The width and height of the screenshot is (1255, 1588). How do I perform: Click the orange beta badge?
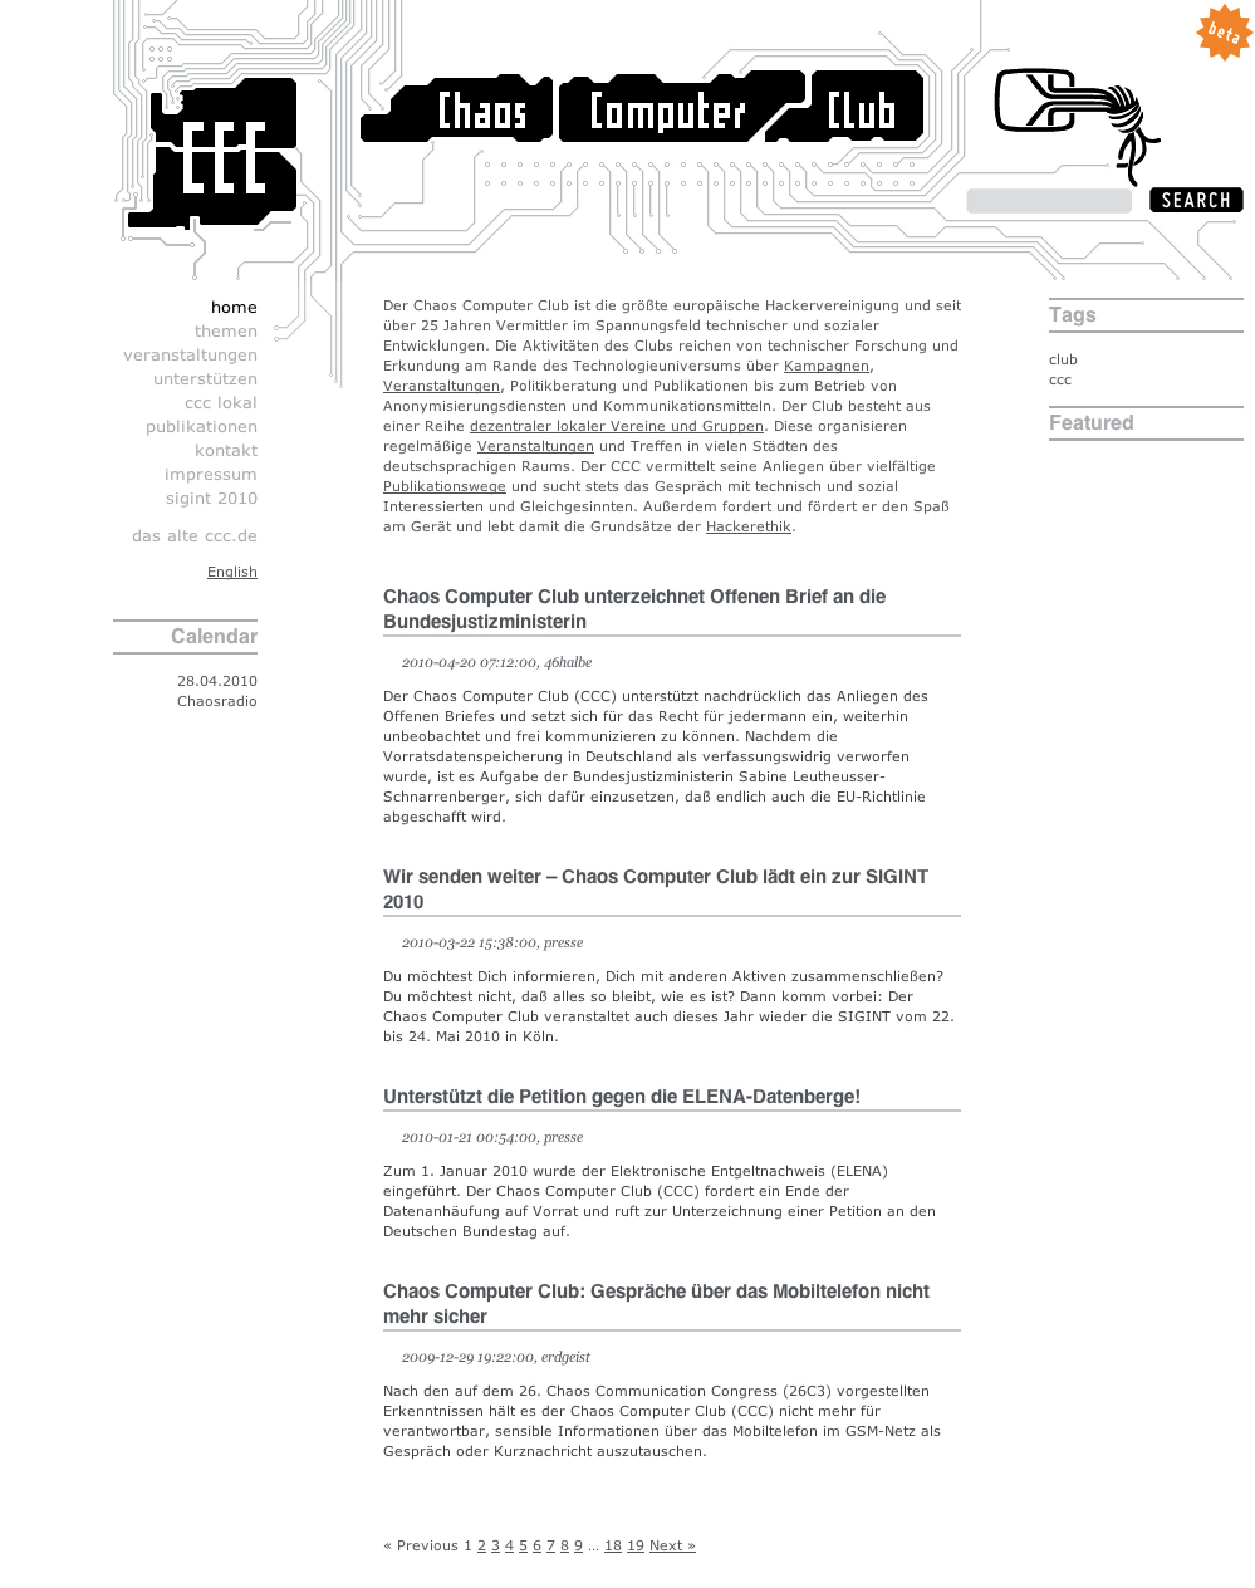[x=1223, y=32]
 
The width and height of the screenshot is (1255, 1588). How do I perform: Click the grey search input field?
[x=1048, y=200]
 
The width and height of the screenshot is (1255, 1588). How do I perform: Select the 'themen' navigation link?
[x=225, y=332]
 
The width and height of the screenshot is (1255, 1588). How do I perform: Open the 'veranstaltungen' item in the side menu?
[x=190, y=356]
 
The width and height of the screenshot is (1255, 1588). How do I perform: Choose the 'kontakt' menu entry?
[x=225, y=451]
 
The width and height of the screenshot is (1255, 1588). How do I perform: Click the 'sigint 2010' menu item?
[x=211, y=499]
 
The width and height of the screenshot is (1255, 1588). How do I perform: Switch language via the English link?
[x=232, y=572]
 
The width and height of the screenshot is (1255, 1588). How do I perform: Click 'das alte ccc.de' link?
[x=195, y=536]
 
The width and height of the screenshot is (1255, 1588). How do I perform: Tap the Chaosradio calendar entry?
[x=217, y=702]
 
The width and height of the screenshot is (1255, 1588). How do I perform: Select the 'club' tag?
[x=1063, y=360]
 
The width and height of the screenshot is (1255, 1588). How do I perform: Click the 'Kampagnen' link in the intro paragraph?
[x=826, y=367]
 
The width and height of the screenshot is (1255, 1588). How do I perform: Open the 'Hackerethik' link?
[x=748, y=527]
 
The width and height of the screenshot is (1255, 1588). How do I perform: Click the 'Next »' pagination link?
[x=671, y=1545]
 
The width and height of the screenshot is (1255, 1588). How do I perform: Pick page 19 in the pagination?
[x=636, y=1545]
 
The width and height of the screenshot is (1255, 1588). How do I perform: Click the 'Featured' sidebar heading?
[x=1090, y=423]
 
